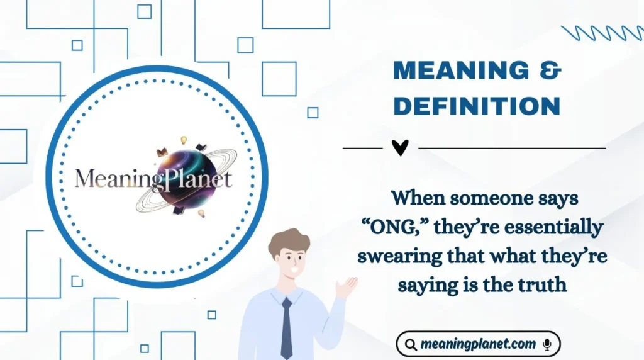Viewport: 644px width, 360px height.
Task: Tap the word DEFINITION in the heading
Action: pos(477,106)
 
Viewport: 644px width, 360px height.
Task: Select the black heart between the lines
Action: pos(400,148)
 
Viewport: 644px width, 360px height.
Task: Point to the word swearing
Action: pos(391,256)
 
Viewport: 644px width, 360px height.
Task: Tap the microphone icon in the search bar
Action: pos(547,344)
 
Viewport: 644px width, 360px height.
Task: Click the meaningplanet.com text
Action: pos(478,344)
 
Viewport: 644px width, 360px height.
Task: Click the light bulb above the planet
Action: pos(184,140)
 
